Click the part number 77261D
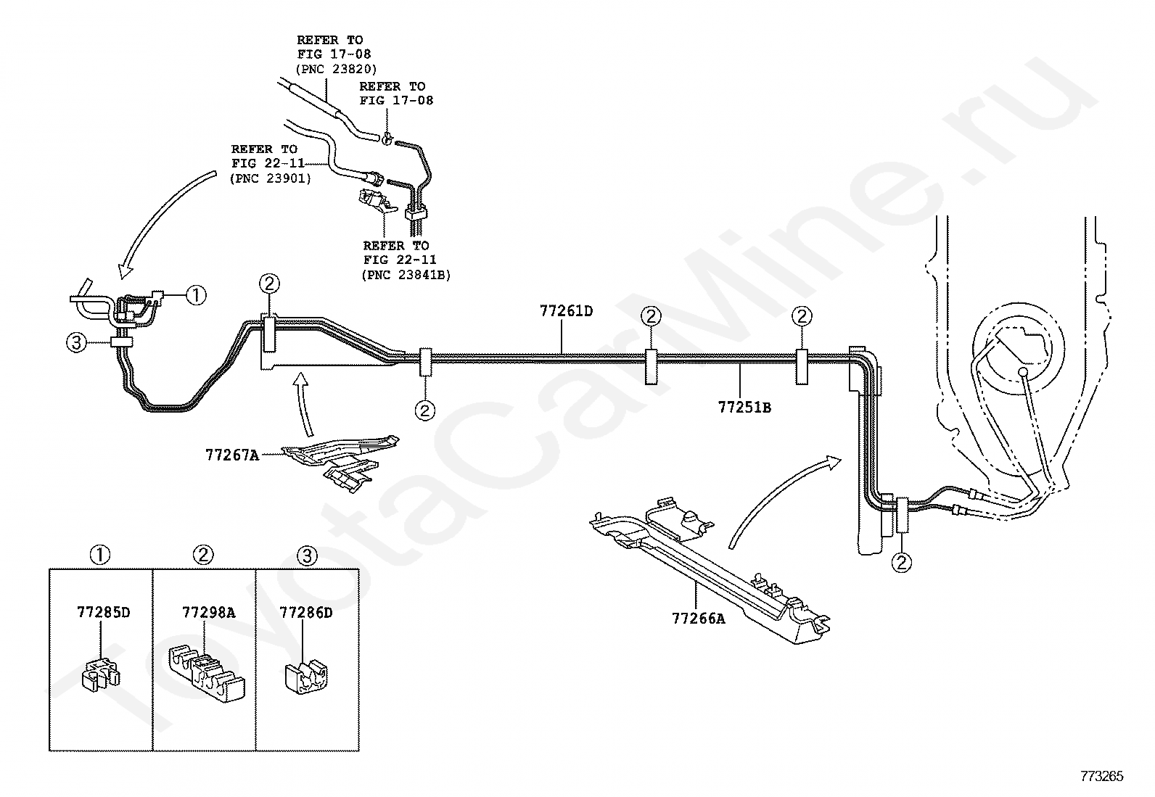pyautogui.click(x=566, y=312)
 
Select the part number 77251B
pyautogui.click(x=744, y=408)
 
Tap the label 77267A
pyautogui.click(x=231, y=455)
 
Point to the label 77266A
pyautogui.click(x=698, y=619)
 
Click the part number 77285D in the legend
pyautogui.click(x=103, y=612)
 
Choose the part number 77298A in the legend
pyautogui.click(x=208, y=612)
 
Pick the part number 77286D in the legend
pyautogui.click(x=306, y=612)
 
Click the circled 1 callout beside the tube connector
pyautogui.click(x=196, y=295)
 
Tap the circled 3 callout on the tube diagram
pyautogui.click(x=76, y=343)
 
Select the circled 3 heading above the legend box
pyautogui.click(x=308, y=556)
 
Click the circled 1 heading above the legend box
pyautogui.click(x=99, y=556)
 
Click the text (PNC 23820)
pyautogui.click(x=337, y=69)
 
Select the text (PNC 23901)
pyautogui.click(x=271, y=178)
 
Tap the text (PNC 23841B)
pyautogui.click(x=406, y=275)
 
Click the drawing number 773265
pyautogui.click(x=1101, y=777)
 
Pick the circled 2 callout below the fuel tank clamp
pyautogui.click(x=902, y=562)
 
